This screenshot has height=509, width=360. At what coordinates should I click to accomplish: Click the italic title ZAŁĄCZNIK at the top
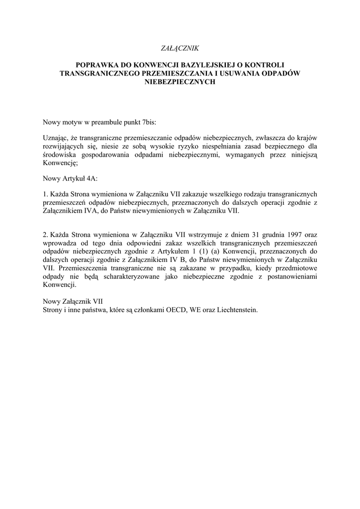tap(180, 48)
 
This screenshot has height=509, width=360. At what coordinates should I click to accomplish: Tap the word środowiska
tap(60, 155)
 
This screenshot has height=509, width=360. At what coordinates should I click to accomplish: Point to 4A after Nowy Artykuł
tap(95, 177)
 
